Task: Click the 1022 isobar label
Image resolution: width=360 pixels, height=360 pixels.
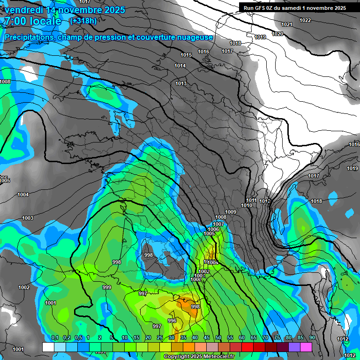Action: (305, 20)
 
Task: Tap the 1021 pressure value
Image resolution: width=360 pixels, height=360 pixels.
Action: (287, 24)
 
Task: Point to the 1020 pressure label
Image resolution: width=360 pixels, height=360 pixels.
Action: (277, 34)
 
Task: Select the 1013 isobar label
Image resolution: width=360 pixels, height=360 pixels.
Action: (181, 83)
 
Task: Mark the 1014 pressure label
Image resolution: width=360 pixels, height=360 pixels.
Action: (180, 66)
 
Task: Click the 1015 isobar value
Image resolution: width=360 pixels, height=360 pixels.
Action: (186, 55)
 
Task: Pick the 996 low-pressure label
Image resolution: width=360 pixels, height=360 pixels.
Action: (172, 321)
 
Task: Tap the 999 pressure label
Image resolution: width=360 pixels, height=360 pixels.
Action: (107, 287)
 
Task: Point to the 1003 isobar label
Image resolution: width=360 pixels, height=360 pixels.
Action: (28, 218)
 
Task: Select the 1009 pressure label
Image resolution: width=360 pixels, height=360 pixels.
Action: (231, 212)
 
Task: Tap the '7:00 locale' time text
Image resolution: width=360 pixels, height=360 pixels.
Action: (32, 21)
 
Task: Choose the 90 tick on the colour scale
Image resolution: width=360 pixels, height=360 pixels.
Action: (312, 337)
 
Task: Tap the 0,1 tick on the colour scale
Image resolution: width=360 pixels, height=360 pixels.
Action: (54, 337)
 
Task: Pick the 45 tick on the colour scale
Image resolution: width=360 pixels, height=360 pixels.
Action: (207, 337)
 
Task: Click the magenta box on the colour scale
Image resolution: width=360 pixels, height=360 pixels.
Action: (306, 347)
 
